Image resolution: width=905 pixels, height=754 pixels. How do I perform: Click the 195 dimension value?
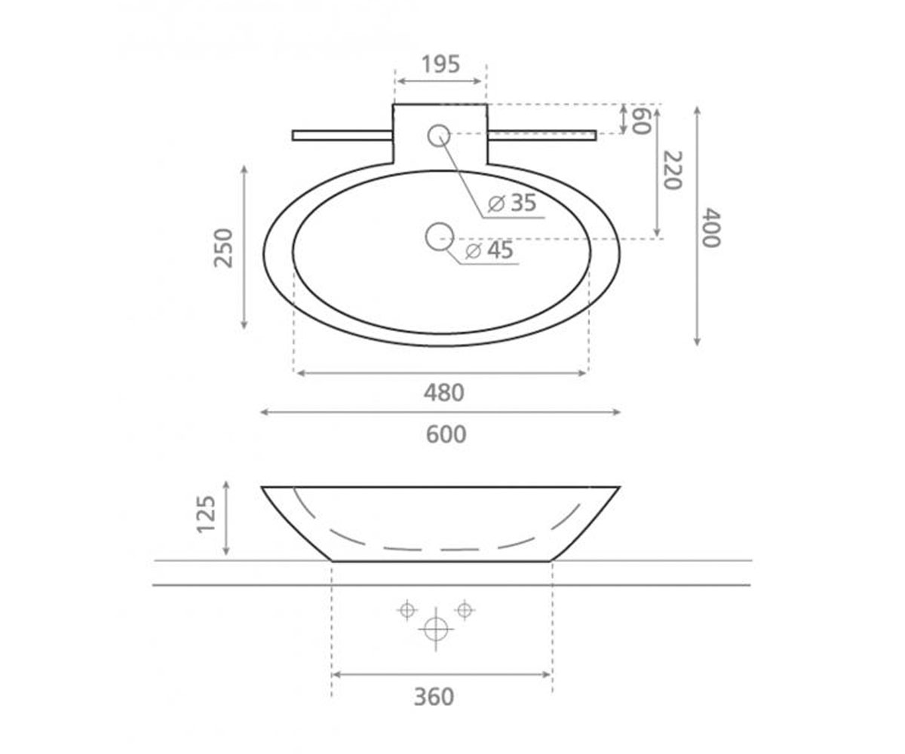point(440,65)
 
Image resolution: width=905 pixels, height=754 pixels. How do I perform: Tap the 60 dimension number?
point(642,121)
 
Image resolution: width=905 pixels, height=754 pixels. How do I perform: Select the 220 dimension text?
point(673,170)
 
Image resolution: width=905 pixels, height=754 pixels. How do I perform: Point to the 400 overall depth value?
point(711,228)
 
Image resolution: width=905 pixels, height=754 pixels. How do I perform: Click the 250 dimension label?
point(224,248)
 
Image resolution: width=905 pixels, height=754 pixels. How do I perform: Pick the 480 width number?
point(444,393)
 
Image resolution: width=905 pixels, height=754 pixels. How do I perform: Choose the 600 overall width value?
point(446,434)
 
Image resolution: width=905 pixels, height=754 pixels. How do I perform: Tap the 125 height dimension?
point(206,514)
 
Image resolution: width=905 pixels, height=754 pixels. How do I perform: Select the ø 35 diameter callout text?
point(512,202)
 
